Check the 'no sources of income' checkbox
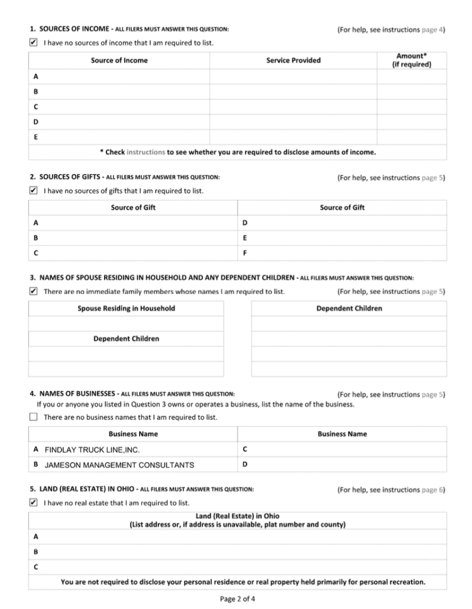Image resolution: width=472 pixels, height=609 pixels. pos(33,43)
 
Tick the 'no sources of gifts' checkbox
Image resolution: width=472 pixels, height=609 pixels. pos(33,190)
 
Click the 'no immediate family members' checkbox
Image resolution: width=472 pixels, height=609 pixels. pos(33,291)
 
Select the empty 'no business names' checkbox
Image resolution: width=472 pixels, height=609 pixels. pos(33,417)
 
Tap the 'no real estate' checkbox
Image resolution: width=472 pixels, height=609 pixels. pos(33,503)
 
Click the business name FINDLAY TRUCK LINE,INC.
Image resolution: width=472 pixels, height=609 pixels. pos(92,450)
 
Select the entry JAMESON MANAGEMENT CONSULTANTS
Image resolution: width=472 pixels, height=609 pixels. pos(119,465)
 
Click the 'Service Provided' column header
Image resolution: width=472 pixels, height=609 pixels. pos(293,60)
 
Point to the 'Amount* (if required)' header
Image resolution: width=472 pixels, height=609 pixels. pos(412,60)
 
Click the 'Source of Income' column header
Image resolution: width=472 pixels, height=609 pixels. pos(119,60)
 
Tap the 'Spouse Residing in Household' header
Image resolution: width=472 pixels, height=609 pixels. pos(126,309)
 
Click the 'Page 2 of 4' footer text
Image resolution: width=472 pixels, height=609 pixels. pos(238,598)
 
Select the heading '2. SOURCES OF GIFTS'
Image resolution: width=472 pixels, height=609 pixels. pos(66,177)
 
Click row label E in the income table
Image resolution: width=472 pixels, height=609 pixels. pos(36,137)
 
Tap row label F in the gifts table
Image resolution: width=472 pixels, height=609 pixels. pos(245,253)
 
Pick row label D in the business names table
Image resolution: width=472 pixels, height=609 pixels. pos(245,464)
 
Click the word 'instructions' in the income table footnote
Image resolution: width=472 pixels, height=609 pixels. pos(146,152)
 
